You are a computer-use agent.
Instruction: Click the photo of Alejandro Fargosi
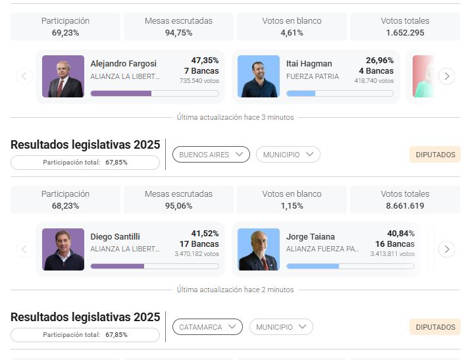tap(63, 76)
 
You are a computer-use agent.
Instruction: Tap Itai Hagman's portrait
tap(258, 76)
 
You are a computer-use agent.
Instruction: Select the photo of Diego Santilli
tap(63, 249)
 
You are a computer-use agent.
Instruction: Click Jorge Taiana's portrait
tap(258, 249)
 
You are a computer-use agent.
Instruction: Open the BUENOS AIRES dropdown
tap(211, 155)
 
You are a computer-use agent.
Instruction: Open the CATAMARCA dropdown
tap(207, 327)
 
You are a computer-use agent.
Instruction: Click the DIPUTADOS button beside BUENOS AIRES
tap(435, 155)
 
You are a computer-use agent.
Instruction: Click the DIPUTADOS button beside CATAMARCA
tap(435, 327)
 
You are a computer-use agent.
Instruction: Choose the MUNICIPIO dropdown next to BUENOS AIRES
tap(288, 155)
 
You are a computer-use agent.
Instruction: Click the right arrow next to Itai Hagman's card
tap(446, 76)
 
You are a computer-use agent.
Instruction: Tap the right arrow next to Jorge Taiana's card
tap(446, 249)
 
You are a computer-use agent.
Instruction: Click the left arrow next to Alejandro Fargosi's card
tap(24, 76)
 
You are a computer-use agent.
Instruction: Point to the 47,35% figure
tap(205, 61)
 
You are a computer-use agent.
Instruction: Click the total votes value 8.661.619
tap(405, 206)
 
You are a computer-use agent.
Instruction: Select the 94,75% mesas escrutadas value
tap(178, 33)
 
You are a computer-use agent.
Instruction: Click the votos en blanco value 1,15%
tap(292, 206)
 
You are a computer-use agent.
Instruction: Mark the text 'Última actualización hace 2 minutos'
tap(235, 290)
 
